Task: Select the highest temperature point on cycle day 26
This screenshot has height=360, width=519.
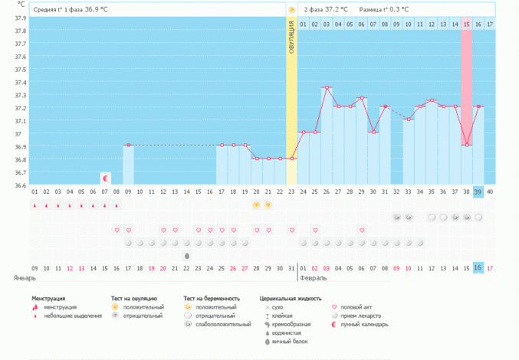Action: click(327, 87)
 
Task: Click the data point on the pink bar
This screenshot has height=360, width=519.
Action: click(466, 145)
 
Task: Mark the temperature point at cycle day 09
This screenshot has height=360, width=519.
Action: click(128, 145)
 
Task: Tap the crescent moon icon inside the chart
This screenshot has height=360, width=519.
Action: click(105, 178)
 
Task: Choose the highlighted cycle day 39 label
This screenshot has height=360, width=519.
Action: click(478, 191)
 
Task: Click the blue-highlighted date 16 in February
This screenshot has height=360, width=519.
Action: click(478, 267)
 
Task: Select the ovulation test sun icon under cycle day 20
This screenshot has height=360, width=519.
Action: click(256, 205)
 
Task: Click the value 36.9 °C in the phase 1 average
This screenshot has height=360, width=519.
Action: click(104, 9)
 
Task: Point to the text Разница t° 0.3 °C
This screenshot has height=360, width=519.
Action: click(384, 9)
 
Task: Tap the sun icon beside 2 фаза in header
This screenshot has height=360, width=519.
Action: click(291, 9)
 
